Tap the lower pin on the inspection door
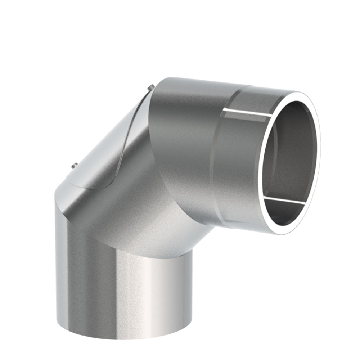[x=75, y=166]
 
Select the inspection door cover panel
[x=108, y=144]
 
